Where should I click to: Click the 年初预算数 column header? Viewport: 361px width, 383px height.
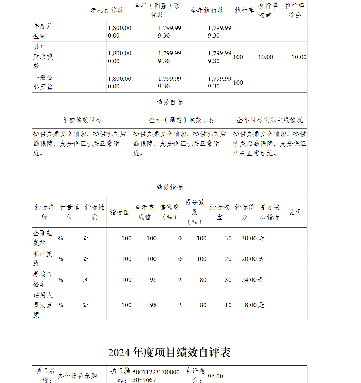(x=107, y=10)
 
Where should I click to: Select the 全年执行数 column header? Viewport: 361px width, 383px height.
(x=207, y=10)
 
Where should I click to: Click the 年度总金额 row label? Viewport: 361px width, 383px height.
(x=43, y=31)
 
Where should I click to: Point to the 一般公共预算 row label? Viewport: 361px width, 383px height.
(x=43, y=82)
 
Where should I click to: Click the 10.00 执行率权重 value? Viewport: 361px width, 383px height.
(x=265, y=57)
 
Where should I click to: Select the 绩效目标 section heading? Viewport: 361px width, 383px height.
(x=170, y=103)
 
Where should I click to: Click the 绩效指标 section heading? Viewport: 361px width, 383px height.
(x=170, y=187)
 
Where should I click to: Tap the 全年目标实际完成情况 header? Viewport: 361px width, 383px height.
(x=269, y=120)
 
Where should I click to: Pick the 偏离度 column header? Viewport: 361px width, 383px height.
(x=169, y=212)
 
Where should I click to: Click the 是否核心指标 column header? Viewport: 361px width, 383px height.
(x=269, y=212)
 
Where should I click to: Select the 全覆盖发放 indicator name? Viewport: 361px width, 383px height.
(x=43, y=238)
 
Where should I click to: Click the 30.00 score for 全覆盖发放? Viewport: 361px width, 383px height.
(x=249, y=238)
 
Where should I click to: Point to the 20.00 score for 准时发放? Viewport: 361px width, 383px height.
(x=249, y=259)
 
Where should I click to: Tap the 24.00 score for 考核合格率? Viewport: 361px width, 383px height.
(x=249, y=279)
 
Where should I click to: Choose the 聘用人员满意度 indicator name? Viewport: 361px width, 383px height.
(x=43, y=305)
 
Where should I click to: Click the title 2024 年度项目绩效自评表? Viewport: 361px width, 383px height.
(x=169, y=352)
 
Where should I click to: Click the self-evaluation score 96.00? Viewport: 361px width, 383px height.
(x=216, y=376)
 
